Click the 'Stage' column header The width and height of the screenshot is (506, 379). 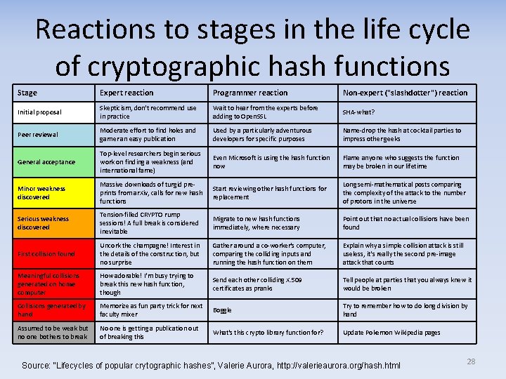click(x=27, y=93)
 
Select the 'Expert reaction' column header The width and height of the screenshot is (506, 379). click(x=126, y=93)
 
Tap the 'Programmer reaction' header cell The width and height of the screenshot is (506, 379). click(x=249, y=93)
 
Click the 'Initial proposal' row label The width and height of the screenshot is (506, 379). click(x=39, y=112)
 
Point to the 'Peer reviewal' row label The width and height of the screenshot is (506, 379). click(x=38, y=134)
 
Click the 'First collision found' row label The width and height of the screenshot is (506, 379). click(x=46, y=254)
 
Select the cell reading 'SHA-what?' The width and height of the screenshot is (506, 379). click(x=358, y=112)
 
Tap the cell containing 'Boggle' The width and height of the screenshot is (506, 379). click(x=222, y=310)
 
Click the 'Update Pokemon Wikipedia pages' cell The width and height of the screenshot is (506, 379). click(x=391, y=333)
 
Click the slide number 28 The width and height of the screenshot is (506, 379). click(x=471, y=361)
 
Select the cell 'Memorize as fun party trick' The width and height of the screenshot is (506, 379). click(x=150, y=310)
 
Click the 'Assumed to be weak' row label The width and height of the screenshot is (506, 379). click(x=53, y=333)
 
